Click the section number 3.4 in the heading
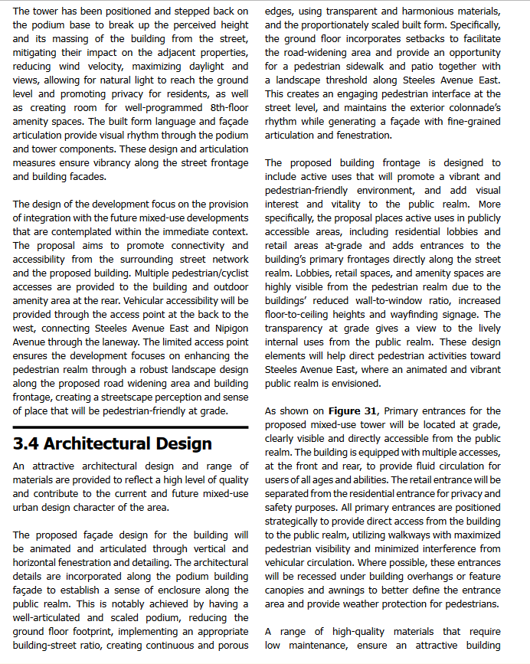coord(28,443)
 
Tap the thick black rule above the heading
coord(131,427)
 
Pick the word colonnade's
coord(472,108)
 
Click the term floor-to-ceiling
coord(306,315)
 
